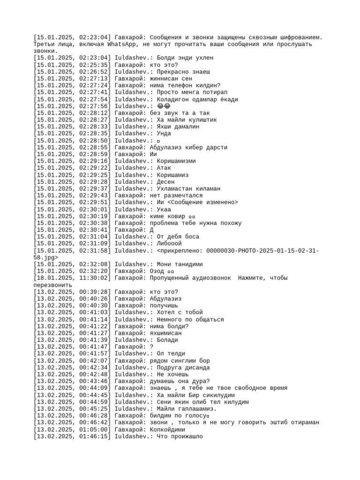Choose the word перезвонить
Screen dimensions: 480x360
tap(52, 285)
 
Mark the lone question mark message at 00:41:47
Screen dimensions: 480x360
tap(151, 347)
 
